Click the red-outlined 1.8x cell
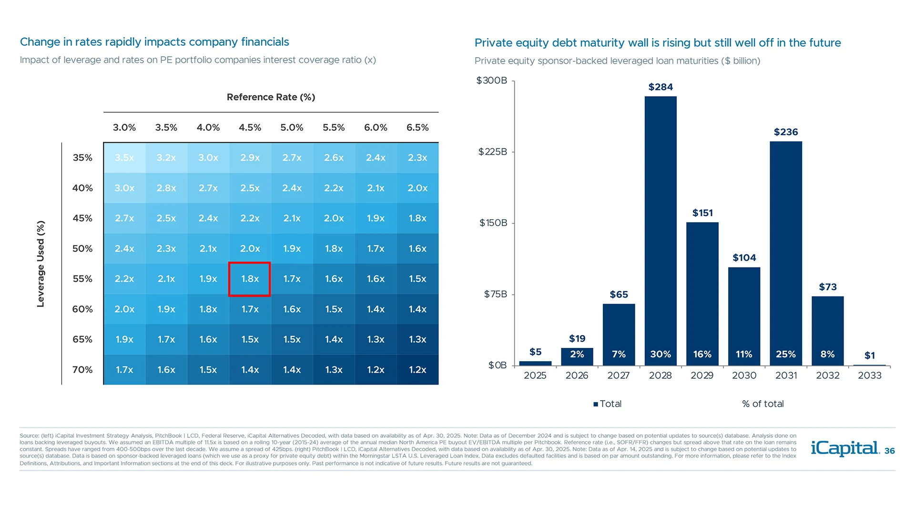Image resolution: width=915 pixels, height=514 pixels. click(x=250, y=279)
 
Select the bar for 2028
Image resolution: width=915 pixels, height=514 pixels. click(x=661, y=228)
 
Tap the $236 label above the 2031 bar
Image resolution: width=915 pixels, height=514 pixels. click(x=786, y=132)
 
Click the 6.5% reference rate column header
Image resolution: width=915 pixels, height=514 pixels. click(x=417, y=128)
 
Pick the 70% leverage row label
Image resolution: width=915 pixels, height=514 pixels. click(x=82, y=370)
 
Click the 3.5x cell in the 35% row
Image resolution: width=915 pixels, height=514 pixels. click(x=124, y=158)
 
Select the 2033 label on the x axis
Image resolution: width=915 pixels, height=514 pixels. click(x=870, y=376)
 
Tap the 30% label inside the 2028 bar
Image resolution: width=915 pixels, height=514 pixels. click(x=661, y=354)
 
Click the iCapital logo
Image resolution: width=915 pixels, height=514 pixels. click(x=845, y=448)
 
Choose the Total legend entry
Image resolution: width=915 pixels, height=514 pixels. click(x=608, y=404)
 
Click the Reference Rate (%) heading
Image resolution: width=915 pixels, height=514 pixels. click(x=271, y=97)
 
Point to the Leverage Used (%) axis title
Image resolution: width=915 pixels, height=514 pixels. click(x=41, y=264)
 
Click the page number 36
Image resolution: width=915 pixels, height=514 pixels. click(x=889, y=451)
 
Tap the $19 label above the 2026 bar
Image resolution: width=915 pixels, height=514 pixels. click(x=577, y=338)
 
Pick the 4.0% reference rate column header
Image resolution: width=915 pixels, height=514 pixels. click(x=208, y=128)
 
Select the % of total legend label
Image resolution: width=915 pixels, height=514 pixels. click(x=762, y=404)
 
